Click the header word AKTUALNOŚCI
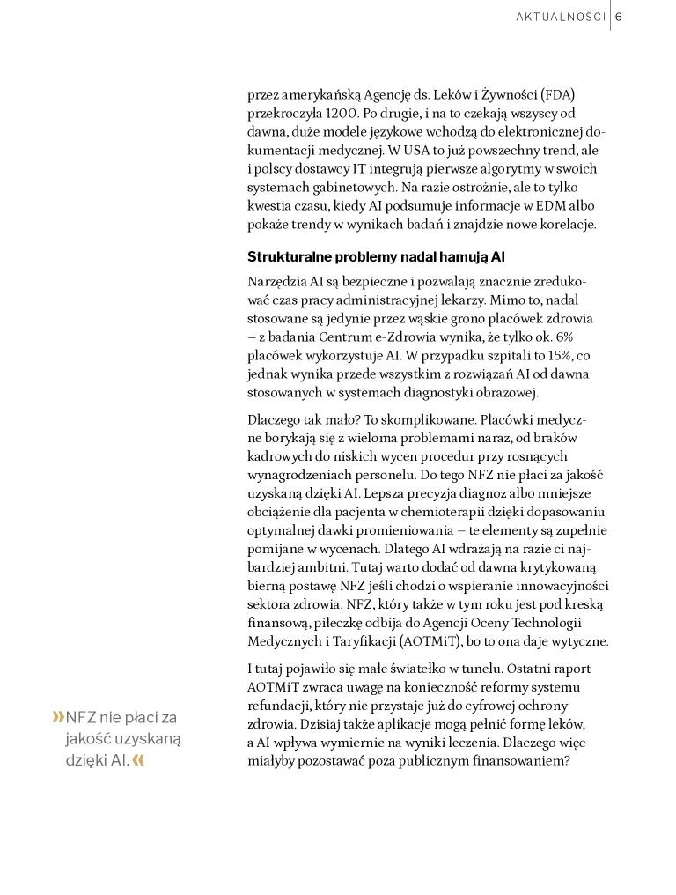pos(560,18)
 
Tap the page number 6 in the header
pos(619,18)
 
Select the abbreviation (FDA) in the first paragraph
pos(558,94)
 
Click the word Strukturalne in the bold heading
pos(289,257)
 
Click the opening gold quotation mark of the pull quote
pos(58,717)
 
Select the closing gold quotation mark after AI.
pos(138,759)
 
